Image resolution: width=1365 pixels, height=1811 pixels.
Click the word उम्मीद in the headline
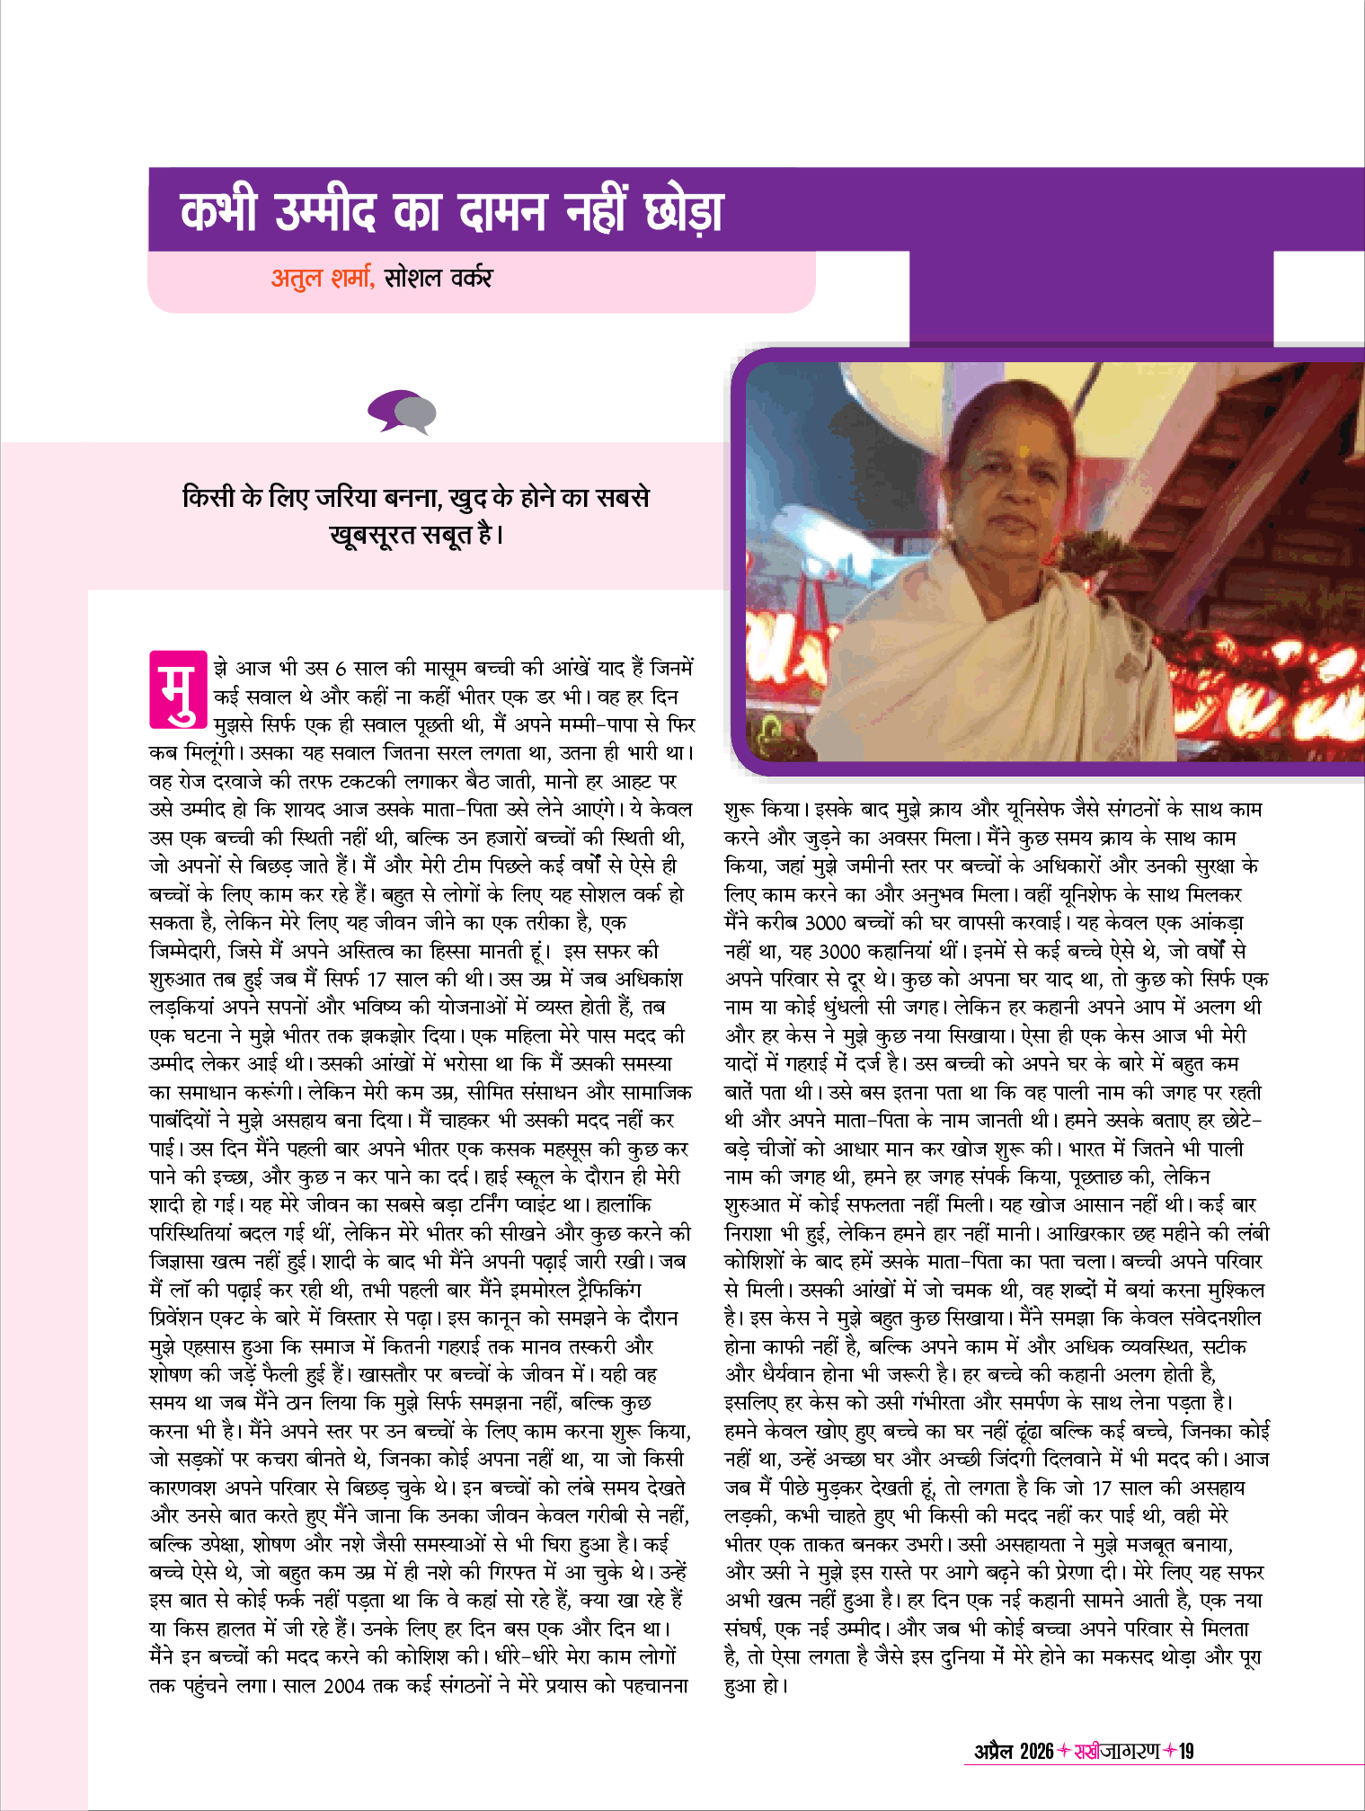[x=324, y=212]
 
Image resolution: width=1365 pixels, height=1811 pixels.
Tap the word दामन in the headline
[x=501, y=212]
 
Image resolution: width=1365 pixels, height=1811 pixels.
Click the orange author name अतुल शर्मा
[x=322, y=279]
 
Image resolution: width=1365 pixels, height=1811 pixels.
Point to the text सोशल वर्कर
[x=439, y=279]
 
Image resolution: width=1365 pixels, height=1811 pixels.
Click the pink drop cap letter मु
[x=178, y=689]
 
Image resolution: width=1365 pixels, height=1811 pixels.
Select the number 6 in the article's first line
[x=340, y=670]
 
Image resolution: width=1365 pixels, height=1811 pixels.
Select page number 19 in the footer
[x=1186, y=1751]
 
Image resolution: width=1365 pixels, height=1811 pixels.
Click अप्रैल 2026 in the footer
[x=1013, y=1751]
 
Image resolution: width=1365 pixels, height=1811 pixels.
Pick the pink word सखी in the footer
[x=1087, y=1751]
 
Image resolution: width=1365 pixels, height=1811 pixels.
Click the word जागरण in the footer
[x=1130, y=1751]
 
